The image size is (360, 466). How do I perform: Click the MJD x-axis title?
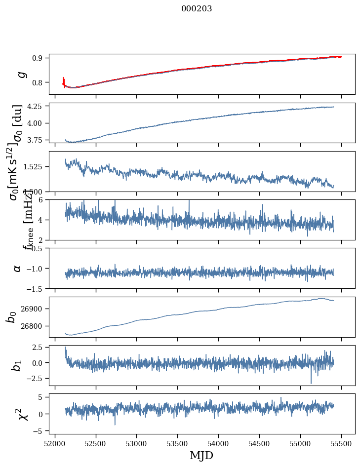201,455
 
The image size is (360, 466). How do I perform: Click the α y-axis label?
18,268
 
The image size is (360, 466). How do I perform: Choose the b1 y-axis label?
17,365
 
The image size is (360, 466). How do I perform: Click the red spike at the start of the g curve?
64,80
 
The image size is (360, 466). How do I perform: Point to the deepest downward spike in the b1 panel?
311,383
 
